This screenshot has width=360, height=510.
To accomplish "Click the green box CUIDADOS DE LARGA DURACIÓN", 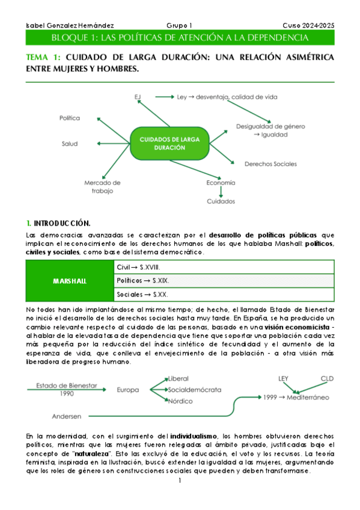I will (169, 143).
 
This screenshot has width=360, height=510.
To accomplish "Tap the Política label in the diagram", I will (69, 118).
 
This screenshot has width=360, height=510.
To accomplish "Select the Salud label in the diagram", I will (69, 144).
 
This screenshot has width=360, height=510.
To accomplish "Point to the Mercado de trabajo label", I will (103, 186).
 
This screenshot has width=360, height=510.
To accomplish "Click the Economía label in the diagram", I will (221, 182).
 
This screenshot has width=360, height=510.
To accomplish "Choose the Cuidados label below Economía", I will (221, 201).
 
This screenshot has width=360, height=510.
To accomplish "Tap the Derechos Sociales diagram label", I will (270, 164).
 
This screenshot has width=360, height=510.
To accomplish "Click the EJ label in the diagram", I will (138, 96).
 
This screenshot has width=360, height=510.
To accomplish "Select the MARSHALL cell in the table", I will (69, 281).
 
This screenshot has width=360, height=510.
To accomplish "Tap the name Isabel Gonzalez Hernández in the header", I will (70, 25).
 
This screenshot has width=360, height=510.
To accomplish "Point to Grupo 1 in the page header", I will (179, 25).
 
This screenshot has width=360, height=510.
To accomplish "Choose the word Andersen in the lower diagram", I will (67, 416).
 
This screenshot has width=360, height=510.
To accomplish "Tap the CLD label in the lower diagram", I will (326, 378).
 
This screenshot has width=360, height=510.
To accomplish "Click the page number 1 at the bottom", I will (180, 482).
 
